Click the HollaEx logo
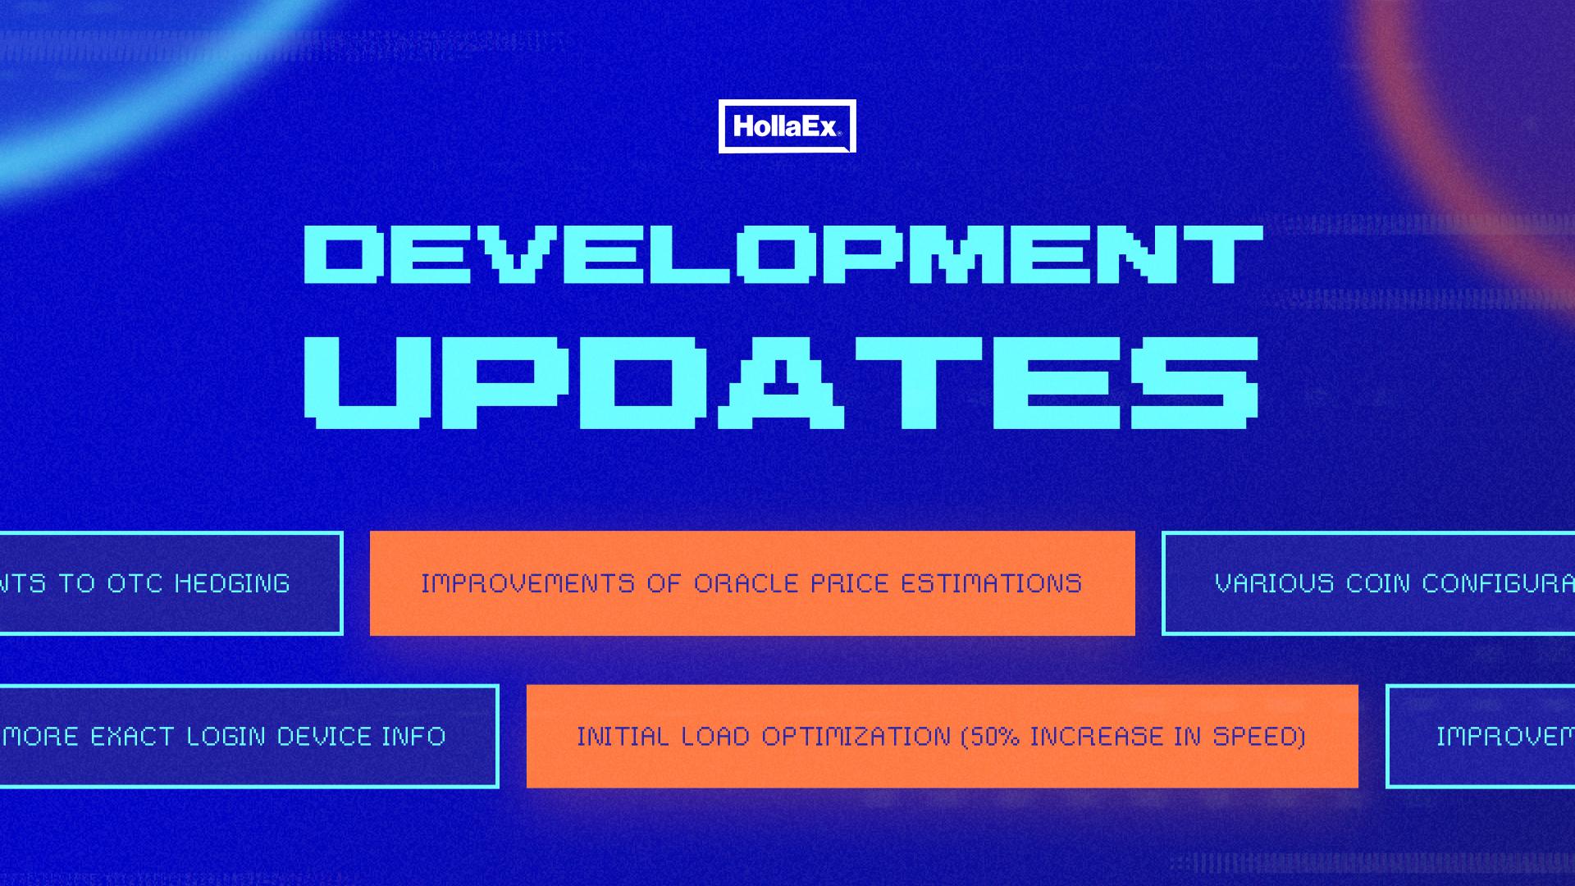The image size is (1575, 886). click(787, 126)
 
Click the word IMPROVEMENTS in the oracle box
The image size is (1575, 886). click(527, 583)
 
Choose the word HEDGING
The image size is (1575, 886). click(232, 583)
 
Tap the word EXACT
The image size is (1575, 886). click(130, 736)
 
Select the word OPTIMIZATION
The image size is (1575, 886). click(856, 736)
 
